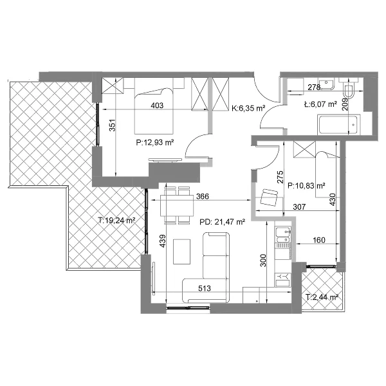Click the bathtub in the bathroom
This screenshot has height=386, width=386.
coord(339,125)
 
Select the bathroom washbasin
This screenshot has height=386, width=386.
coord(326,83)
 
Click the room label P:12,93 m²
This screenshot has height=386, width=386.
coord(155,142)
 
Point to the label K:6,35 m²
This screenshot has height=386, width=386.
coord(248,108)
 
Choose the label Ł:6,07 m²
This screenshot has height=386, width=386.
coord(320,104)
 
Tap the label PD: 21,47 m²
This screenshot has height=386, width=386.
coord(222,222)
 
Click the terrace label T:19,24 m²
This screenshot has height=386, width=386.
coord(116,220)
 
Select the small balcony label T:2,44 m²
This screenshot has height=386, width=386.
coord(322,297)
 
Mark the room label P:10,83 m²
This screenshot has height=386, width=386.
coord(306,186)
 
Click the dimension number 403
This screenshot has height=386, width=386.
coord(157,106)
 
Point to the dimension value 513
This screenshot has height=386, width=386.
coord(205,288)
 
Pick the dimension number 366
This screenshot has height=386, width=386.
coord(203,196)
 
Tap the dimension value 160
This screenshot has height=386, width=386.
coord(319,240)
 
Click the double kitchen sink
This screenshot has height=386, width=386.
coord(283,235)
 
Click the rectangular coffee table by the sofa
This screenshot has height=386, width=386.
coord(181,252)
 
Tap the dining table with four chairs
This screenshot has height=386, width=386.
coord(177,206)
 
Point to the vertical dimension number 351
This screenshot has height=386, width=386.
coord(112,125)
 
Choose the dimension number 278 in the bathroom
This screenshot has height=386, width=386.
coord(314,87)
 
